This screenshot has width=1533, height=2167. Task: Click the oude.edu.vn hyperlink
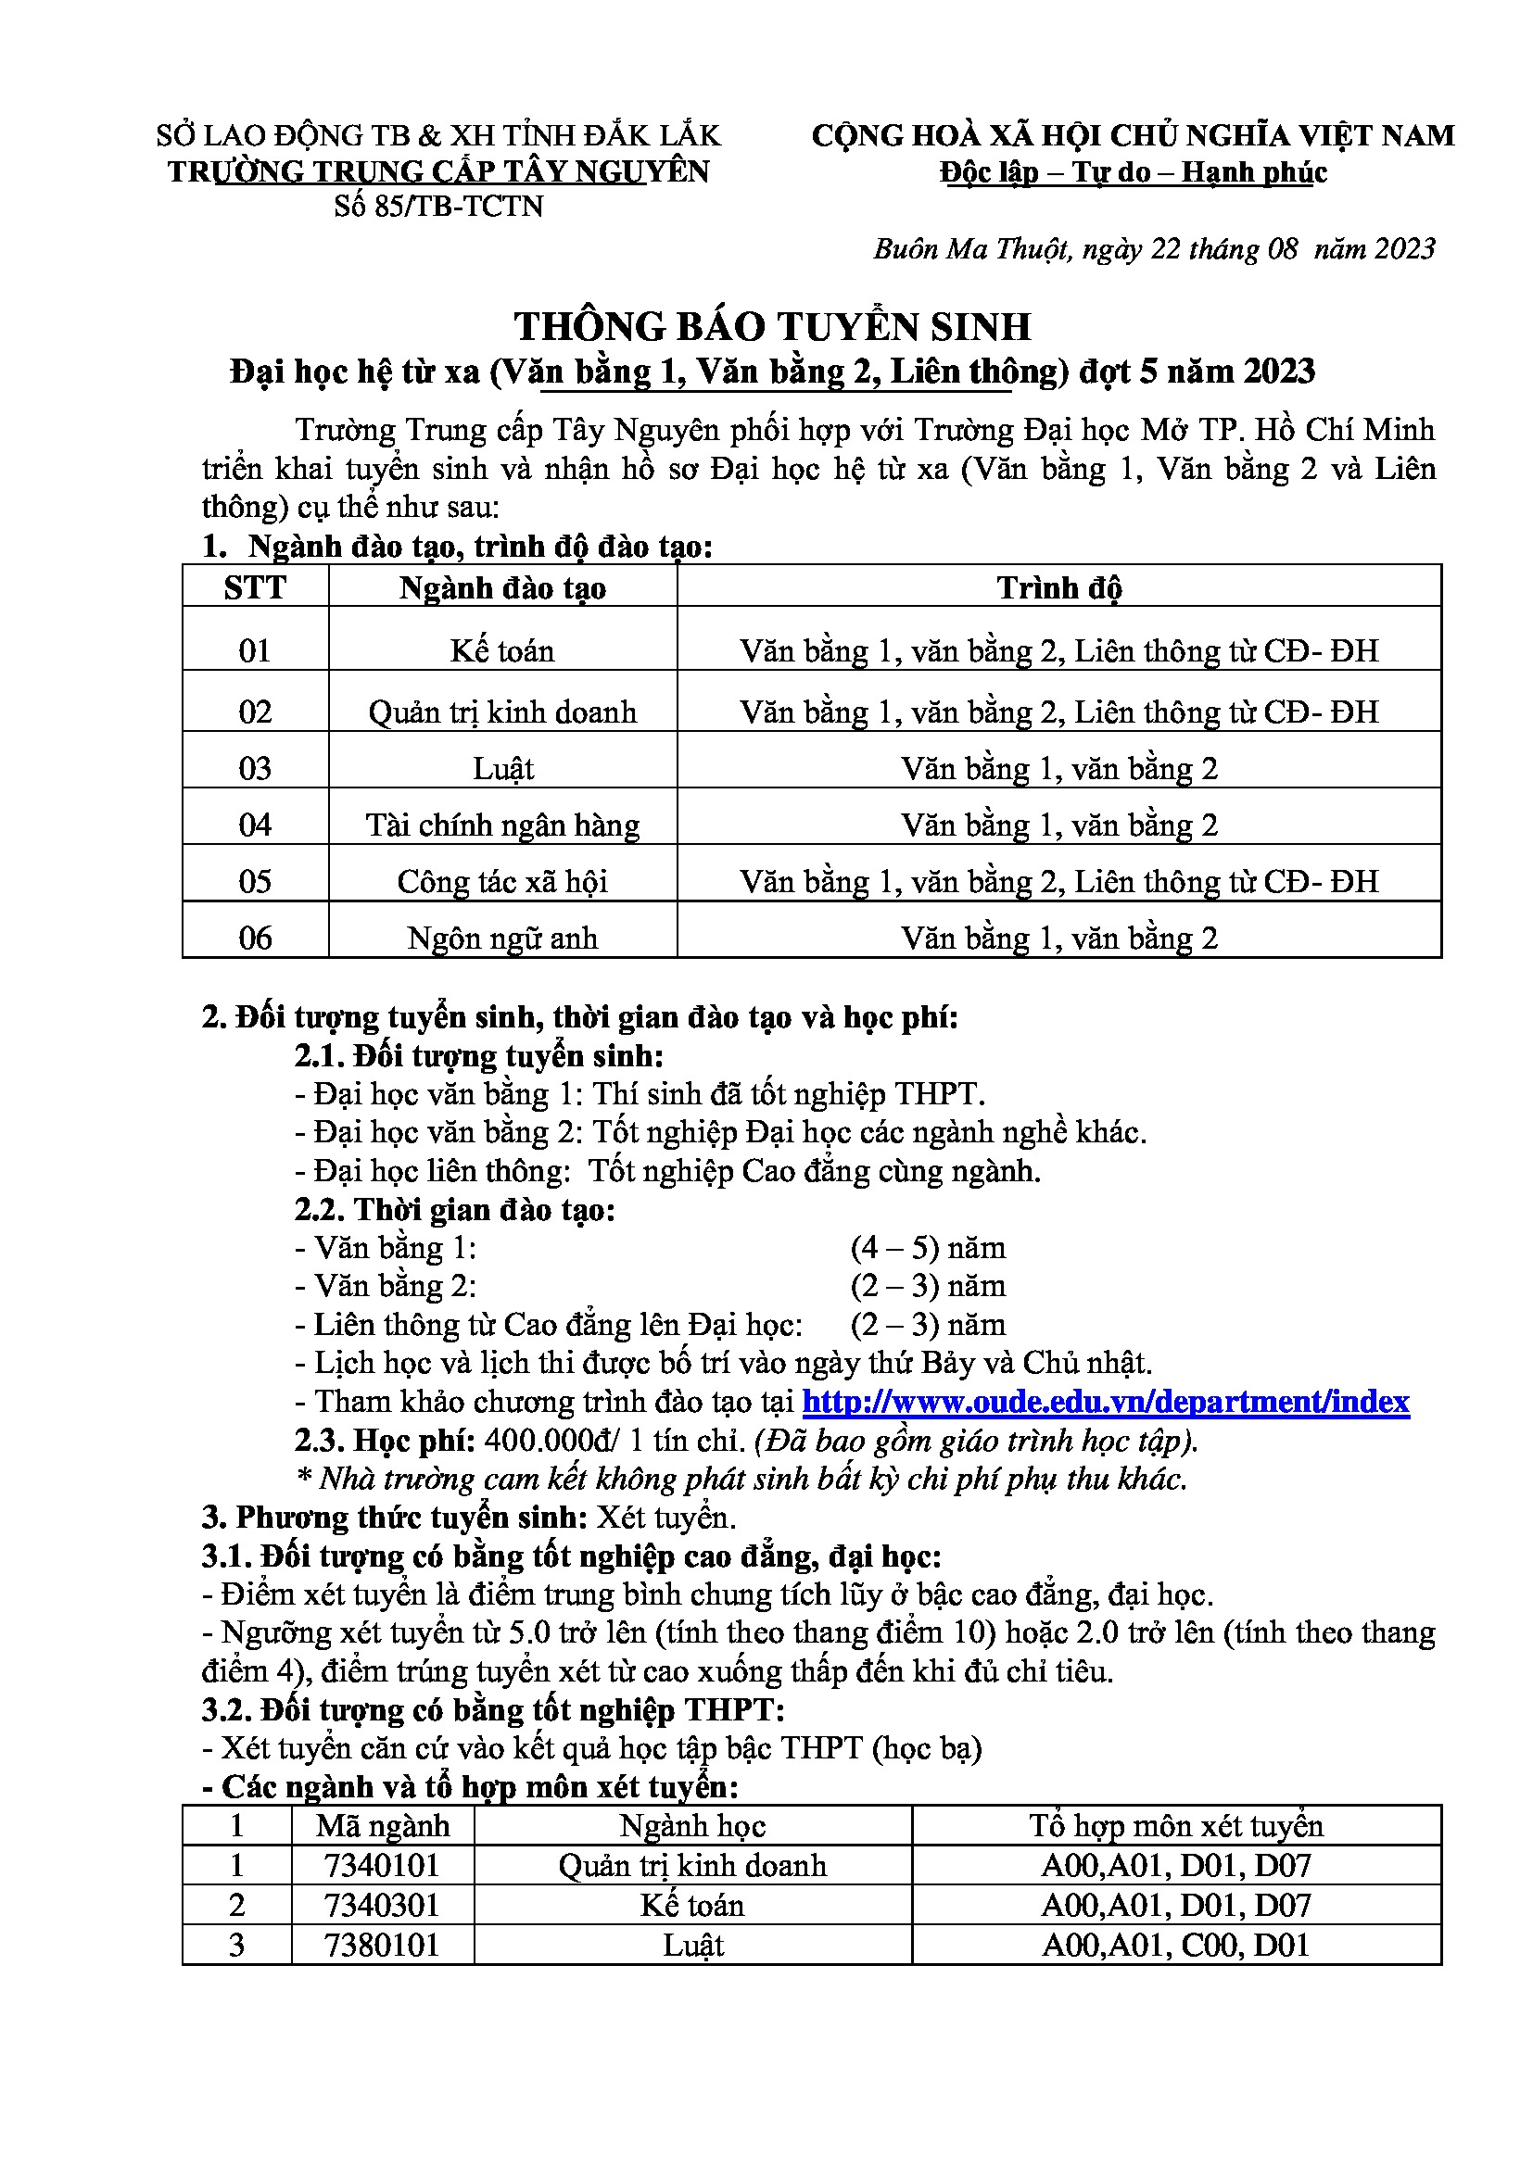click(1106, 1402)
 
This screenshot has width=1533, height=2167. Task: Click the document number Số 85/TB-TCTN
click(438, 206)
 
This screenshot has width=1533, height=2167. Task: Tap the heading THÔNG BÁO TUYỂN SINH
click(772, 326)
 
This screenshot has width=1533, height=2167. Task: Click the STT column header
click(255, 587)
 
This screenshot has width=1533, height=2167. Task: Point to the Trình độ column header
click(1058, 587)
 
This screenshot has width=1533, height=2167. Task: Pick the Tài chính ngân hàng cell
click(502, 825)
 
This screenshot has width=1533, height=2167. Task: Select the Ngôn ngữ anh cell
click(502, 939)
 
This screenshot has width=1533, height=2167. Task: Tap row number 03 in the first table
click(255, 768)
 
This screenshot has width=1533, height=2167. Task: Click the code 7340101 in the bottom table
click(381, 1866)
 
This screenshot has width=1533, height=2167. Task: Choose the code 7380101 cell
click(381, 1946)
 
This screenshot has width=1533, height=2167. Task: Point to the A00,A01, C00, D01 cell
click(1175, 1946)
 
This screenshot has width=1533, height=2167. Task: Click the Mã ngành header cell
click(382, 1826)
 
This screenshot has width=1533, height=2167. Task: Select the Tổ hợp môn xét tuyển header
click(1175, 1826)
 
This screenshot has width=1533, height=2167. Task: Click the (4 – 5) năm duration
click(927, 1248)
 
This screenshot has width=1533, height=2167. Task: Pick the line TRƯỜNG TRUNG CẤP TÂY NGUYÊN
click(438, 171)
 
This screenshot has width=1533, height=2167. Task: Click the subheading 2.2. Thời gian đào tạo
click(454, 1209)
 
